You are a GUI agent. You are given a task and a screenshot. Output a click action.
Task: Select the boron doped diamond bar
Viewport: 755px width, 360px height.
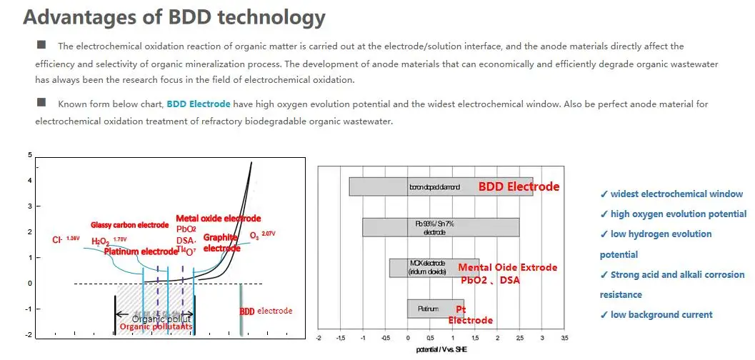point(441,186)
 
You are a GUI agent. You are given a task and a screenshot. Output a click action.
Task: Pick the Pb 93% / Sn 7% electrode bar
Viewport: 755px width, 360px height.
point(441,228)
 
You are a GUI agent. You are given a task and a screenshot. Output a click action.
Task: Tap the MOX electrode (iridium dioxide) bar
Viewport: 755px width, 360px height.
point(434,268)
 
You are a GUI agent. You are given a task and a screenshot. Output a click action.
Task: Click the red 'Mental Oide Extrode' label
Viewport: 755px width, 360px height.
point(507,268)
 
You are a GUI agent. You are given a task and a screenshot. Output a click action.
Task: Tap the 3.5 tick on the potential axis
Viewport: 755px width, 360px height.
point(564,337)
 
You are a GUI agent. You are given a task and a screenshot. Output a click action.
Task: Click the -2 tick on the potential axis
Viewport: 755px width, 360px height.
point(319,337)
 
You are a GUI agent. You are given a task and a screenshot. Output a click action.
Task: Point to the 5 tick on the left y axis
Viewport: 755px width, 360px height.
point(29,155)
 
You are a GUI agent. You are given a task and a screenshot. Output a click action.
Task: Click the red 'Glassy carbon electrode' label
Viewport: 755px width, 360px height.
point(129,225)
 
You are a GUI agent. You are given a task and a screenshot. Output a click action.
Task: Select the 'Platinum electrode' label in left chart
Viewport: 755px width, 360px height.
point(140,251)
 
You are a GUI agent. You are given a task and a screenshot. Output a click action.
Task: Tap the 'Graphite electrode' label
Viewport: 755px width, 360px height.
point(221,243)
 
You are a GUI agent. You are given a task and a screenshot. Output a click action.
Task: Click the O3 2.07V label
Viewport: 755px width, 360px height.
point(260,234)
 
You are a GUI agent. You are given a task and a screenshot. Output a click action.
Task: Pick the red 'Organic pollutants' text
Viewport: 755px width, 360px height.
point(155,327)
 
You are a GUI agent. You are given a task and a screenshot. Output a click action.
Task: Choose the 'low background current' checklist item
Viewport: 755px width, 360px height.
point(656,314)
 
